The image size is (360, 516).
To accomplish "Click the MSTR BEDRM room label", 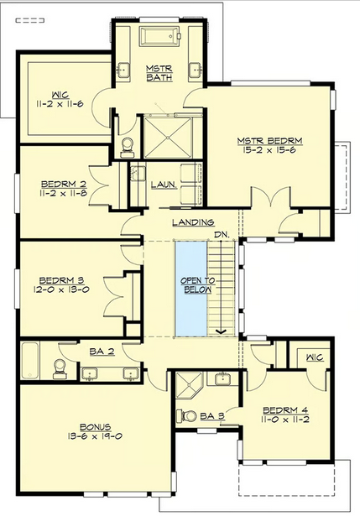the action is point(270,141).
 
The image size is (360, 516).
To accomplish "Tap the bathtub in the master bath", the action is point(160,36).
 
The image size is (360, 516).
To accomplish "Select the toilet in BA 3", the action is point(186,415).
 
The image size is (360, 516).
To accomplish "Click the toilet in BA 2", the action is point(60,368).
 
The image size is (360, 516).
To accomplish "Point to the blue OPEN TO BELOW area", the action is point(190,289).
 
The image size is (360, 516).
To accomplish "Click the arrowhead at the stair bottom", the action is point(221,331).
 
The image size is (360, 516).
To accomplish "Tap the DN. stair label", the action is point(222,235).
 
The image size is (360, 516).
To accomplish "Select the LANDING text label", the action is point(194,222).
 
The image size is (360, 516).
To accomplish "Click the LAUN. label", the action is point(164,185).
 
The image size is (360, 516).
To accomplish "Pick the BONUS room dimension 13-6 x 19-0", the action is point(95,436).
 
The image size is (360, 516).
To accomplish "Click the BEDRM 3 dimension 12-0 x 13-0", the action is point(61,289).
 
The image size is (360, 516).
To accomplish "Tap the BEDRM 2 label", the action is point(64,184).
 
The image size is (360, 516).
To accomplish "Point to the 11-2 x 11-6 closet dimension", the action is point(60,104).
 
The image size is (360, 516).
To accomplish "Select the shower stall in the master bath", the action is point(168,137).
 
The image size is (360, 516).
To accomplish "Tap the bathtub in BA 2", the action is point(30,361).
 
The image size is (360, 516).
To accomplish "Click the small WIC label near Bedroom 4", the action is point(315,357).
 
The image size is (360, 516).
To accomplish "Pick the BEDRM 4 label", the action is point(285,410).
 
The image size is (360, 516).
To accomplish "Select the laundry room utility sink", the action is point(138,174).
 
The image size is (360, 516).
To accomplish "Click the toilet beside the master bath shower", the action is point(127,148).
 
